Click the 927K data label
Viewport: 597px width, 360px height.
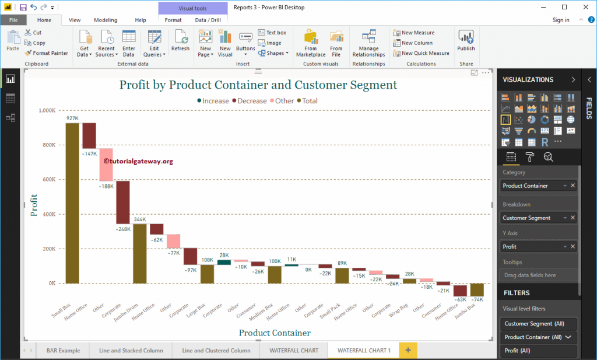coord(72,118)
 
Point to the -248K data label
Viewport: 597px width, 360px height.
coord(123,229)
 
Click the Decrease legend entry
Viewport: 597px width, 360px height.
coord(251,101)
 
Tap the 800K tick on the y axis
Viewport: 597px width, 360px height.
coord(48,145)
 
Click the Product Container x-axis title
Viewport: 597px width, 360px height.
coord(275,333)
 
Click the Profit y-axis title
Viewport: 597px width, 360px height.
coord(34,205)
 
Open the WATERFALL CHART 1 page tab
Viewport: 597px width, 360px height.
coord(364,350)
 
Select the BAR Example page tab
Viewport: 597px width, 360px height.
coord(63,350)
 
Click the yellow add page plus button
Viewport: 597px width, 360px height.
coord(408,350)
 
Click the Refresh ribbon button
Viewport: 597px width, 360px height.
coord(180,42)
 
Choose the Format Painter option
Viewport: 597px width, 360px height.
coord(47,53)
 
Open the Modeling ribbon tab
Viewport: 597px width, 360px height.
coord(106,20)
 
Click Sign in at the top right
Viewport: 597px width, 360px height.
coord(561,20)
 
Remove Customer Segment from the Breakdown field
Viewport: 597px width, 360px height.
coord(573,218)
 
